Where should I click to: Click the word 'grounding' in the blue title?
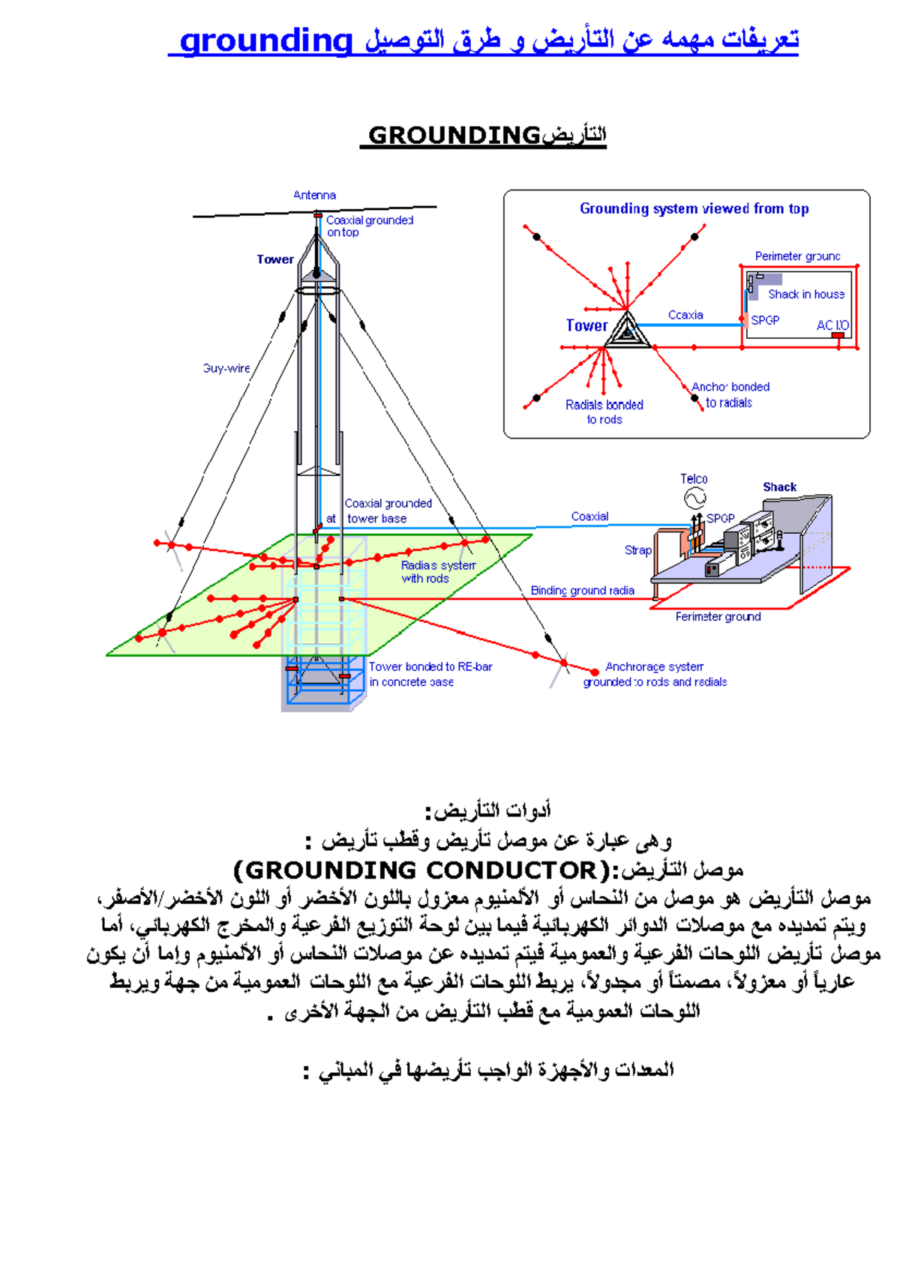[266, 40]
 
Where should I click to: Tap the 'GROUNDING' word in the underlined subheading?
[454, 135]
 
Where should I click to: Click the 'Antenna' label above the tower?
[314, 195]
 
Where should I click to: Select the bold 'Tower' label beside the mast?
[275, 259]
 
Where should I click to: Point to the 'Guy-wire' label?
[226, 368]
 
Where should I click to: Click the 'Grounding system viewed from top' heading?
[694, 208]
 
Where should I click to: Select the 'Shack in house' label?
[806, 294]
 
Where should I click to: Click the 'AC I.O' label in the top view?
[832, 325]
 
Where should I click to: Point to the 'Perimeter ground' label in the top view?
[797, 256]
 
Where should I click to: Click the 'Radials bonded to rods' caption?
[604, 412]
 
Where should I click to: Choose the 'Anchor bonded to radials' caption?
[730, 394]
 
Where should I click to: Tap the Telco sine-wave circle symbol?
[694, 498]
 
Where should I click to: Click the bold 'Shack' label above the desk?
[779, 487]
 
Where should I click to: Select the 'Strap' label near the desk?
[638, 550]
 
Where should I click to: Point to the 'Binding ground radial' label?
[582, 591]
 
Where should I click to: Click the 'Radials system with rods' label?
[438, 572]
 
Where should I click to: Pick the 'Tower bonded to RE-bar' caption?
[430, 666]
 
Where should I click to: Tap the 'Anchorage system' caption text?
[654, 666]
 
